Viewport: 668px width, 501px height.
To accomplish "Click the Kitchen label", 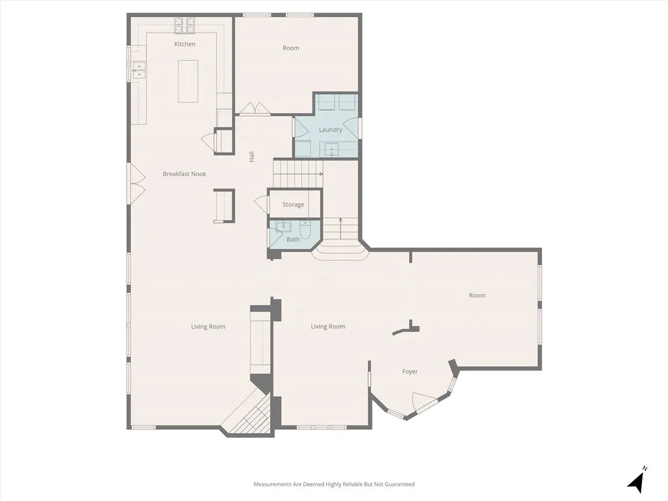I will (185, 44).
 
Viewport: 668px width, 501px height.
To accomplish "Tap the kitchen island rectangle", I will (188, 81).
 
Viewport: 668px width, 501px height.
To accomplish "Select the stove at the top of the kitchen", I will (185, 25).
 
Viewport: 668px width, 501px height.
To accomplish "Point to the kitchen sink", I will (138, 70).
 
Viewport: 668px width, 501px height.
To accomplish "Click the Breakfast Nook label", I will (185, 174).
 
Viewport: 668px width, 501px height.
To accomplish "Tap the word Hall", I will (251, 157).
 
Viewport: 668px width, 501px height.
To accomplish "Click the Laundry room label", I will (331, 130).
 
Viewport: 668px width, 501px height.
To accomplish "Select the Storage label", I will (294, 205).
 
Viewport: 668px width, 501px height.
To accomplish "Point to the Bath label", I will (294, 239).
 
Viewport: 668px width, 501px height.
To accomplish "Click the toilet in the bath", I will (305, 230).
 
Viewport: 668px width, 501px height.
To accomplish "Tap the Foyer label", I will (410, 372).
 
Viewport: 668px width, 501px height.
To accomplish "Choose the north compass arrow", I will (637, 481).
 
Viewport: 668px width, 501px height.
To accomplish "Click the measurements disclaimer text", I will (334, 484).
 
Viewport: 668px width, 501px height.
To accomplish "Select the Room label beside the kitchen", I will (291, 48).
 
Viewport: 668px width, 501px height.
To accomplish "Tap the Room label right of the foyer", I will (478, 296).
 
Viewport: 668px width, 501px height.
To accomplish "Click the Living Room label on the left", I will (208, 327).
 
